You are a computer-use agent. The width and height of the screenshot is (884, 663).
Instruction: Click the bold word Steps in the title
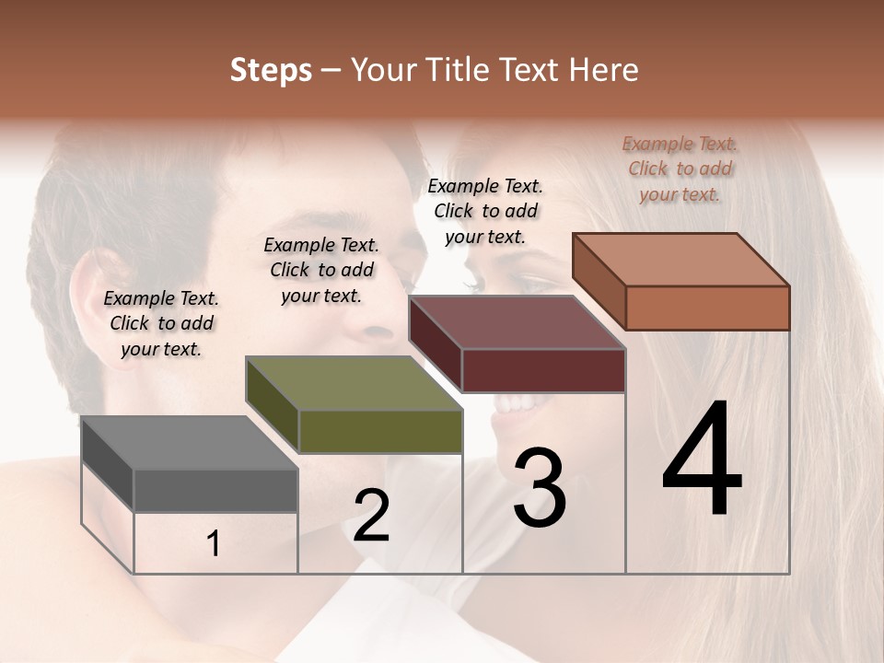pyautogui.click(x=271, y=70)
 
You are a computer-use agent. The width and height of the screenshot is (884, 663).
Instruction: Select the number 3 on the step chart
pyautogui.click(x=540, y=488)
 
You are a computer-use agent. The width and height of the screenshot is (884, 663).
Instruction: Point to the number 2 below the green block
pyautogui.click(x=371, y=516)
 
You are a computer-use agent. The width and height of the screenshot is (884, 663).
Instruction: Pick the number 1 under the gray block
pyautogui.click(x=214, y=544)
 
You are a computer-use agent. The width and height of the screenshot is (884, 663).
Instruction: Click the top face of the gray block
pyautogui.click(x=189, y=443)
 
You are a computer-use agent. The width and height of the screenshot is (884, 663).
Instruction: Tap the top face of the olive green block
pyautogui.click(x=354, y=383)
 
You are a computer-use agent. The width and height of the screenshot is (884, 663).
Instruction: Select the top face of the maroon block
pyautogui.click(x=518, y=322)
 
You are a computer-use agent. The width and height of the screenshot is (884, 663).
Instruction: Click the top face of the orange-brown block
pyautogui.click(x=681, y=260)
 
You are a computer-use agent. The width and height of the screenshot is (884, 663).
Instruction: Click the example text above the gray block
pyautogui.click(x=161, y=323)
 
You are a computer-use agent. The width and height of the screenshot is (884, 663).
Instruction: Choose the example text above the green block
pyautogui.click(x=321, y=270)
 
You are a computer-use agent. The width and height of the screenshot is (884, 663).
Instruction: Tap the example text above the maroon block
pyautogui.click(x=485, y=211)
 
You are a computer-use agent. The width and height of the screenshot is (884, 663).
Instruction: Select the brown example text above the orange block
pyautogui.click(x=680, y=169)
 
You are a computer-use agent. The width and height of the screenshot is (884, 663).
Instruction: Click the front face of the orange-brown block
pyautogui.click(x=707, y=308)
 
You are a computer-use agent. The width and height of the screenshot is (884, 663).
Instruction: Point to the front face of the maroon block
pyautogui.click(x=543, y=370)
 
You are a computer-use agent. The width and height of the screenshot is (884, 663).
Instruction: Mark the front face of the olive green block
pyautogui.click(x=380, y=431)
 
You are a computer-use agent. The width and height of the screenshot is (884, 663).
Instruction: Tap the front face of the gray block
pyautogui.click(x=215, y=490)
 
